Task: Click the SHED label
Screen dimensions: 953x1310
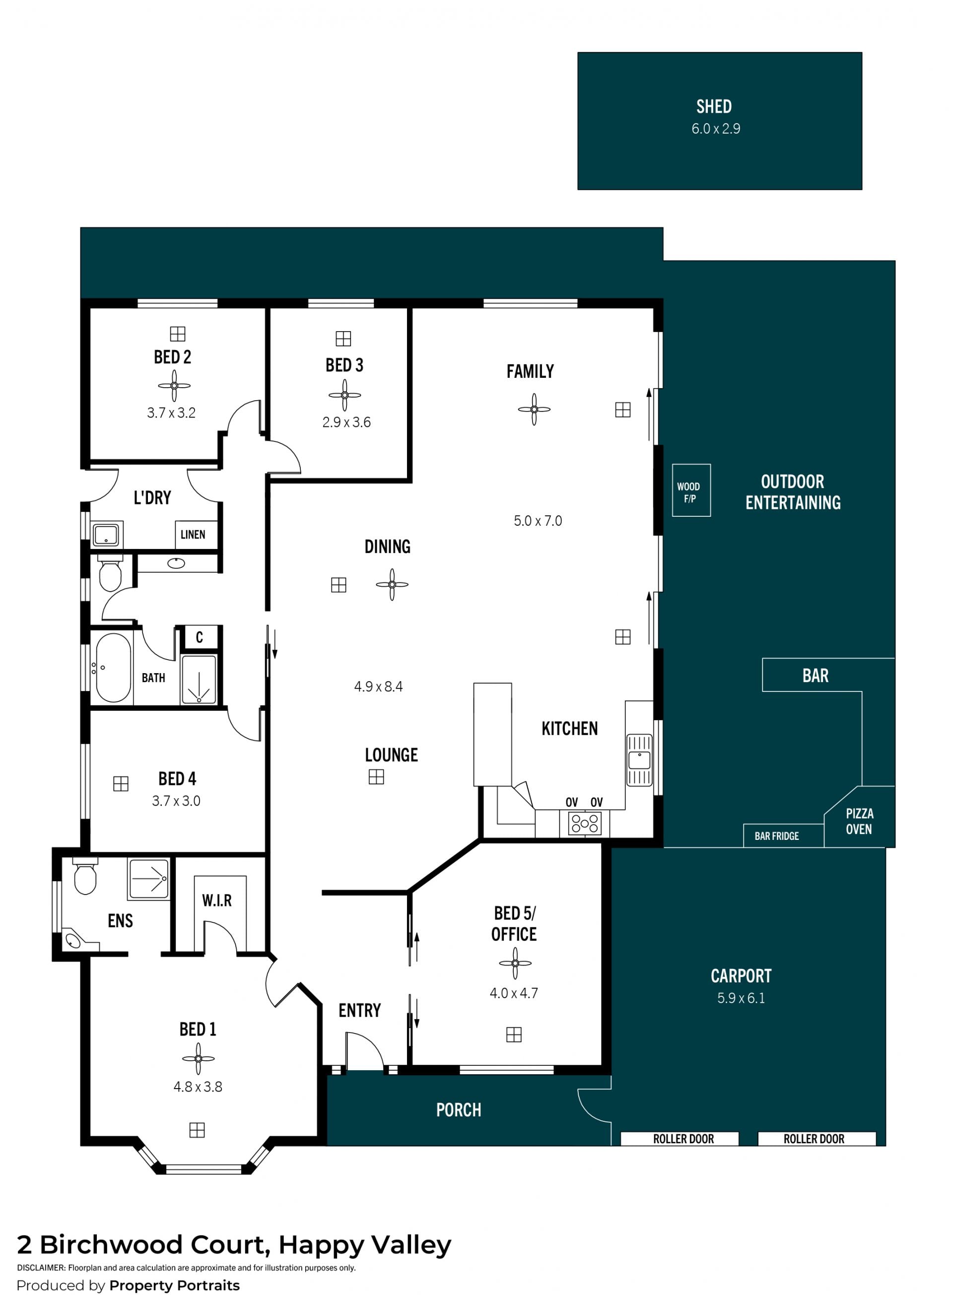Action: pyautogui.click(x=714, y=106)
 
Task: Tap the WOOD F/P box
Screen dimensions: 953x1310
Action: pyautogui.click(x=691, y=490)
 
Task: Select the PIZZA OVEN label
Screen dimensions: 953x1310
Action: pyautogui.click(x=859, y=822)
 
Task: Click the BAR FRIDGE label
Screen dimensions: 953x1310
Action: pyautogui.click(x=776, y=836)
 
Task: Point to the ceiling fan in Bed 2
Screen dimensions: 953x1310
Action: pyautogui.click(x=174, y=386)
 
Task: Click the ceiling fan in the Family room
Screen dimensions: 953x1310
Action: pyautogui.click(x=534, y=410)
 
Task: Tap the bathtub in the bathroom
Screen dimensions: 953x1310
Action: pyautogui.click(x=113, y=668)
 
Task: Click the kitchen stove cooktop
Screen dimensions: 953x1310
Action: pyautogui.click(x=585, y=823)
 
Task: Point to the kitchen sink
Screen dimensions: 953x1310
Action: pyautogui.click(x=639, y=760)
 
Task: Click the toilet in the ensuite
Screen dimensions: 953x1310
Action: pyautogui.click(x=85, y=876)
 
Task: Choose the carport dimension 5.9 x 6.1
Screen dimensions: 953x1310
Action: pyautogui.click(x=741, y=998)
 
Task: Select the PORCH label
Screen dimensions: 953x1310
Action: pyautogui.click(x=459, y=1109)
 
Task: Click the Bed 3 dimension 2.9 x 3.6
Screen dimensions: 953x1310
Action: pyautogui.click(x=346, y=422)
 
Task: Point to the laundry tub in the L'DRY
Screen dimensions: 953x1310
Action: pyautogui.click(x=106, y=535)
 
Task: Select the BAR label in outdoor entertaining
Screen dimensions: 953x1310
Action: pyautogui.click(x=815, y=675)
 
